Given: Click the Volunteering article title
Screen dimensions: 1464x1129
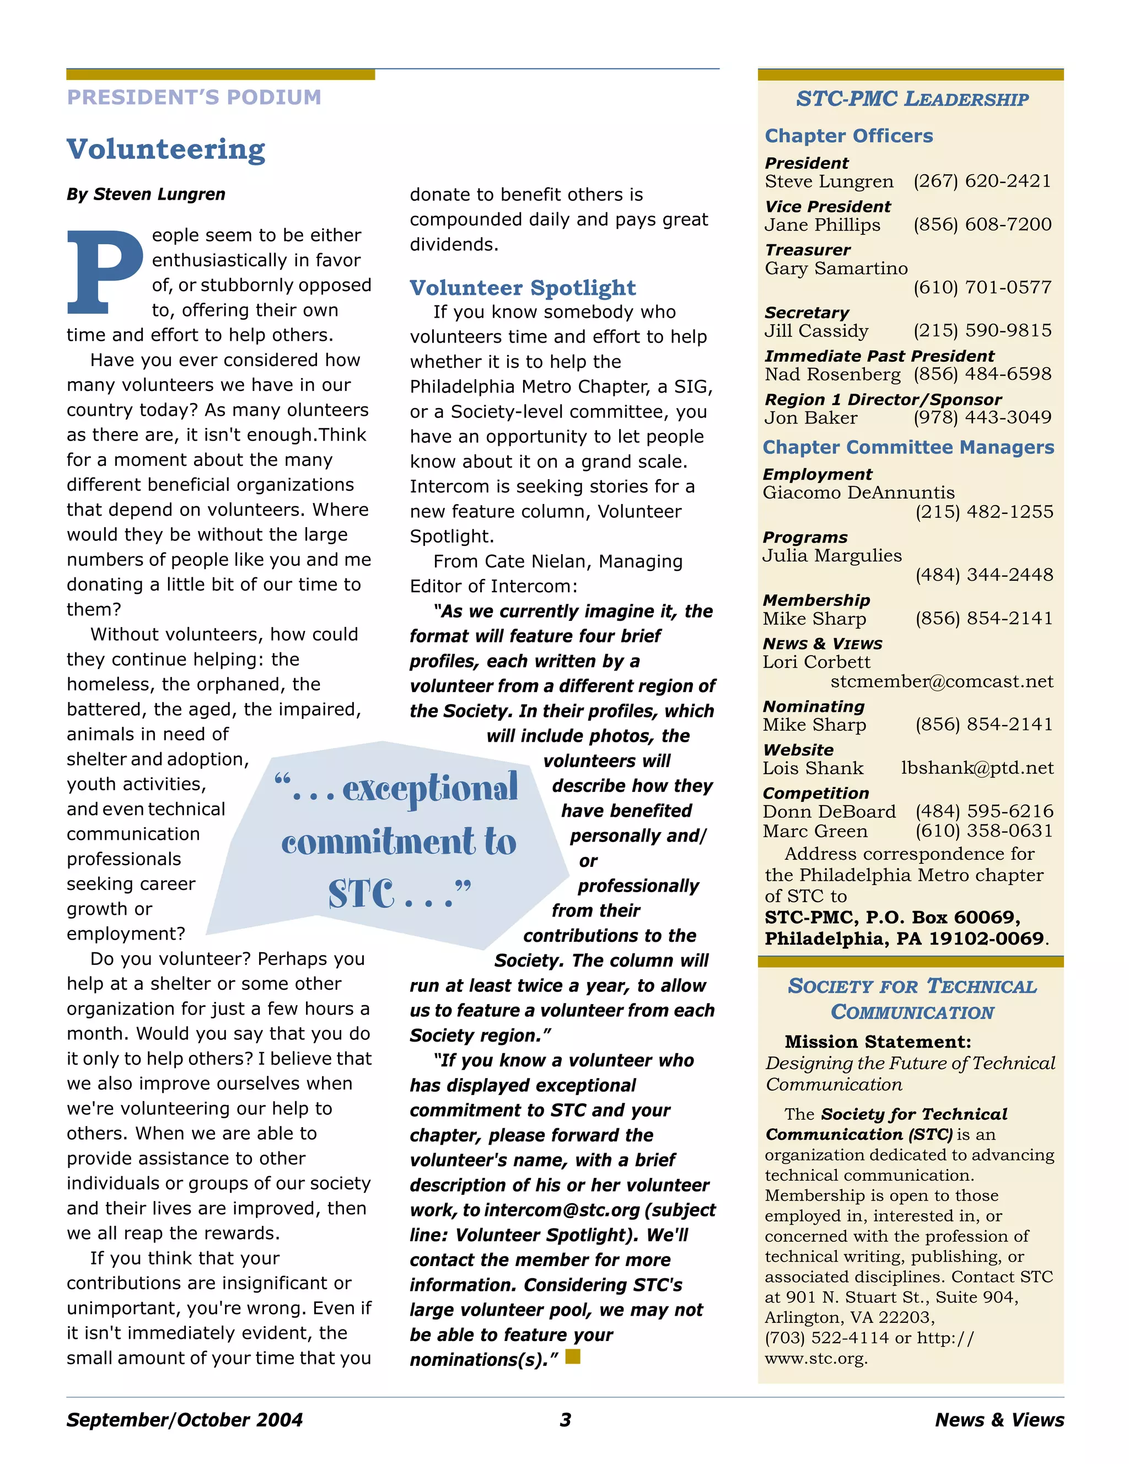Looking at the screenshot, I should [165, 149].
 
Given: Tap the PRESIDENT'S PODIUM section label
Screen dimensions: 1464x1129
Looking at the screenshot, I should [193, 97].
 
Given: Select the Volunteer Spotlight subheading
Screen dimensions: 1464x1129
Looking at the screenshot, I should [523, 288].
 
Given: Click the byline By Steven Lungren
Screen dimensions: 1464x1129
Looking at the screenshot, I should [146, 195].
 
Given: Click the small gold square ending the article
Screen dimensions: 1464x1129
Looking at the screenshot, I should [572, 1356].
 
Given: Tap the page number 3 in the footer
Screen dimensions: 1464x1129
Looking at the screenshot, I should [565, 1420].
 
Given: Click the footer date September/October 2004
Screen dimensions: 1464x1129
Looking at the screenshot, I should [184, 1420].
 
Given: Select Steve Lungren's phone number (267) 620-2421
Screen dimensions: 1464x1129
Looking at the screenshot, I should [982, 181].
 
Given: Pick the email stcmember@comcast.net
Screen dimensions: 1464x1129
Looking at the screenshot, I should [942, 681].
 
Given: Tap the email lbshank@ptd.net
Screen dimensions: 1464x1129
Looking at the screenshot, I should [977, 768].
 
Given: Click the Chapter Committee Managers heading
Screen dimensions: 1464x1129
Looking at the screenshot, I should [908, 447].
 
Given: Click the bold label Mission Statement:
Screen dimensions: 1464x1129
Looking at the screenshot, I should [878, 1042].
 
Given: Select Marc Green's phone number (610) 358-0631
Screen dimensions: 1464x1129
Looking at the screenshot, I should [983, 830].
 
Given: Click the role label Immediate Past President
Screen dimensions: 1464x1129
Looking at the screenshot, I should [879, 356].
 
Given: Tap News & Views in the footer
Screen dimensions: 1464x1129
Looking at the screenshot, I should [999, 1420].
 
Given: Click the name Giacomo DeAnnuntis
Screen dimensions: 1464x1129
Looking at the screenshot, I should [858, 493].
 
